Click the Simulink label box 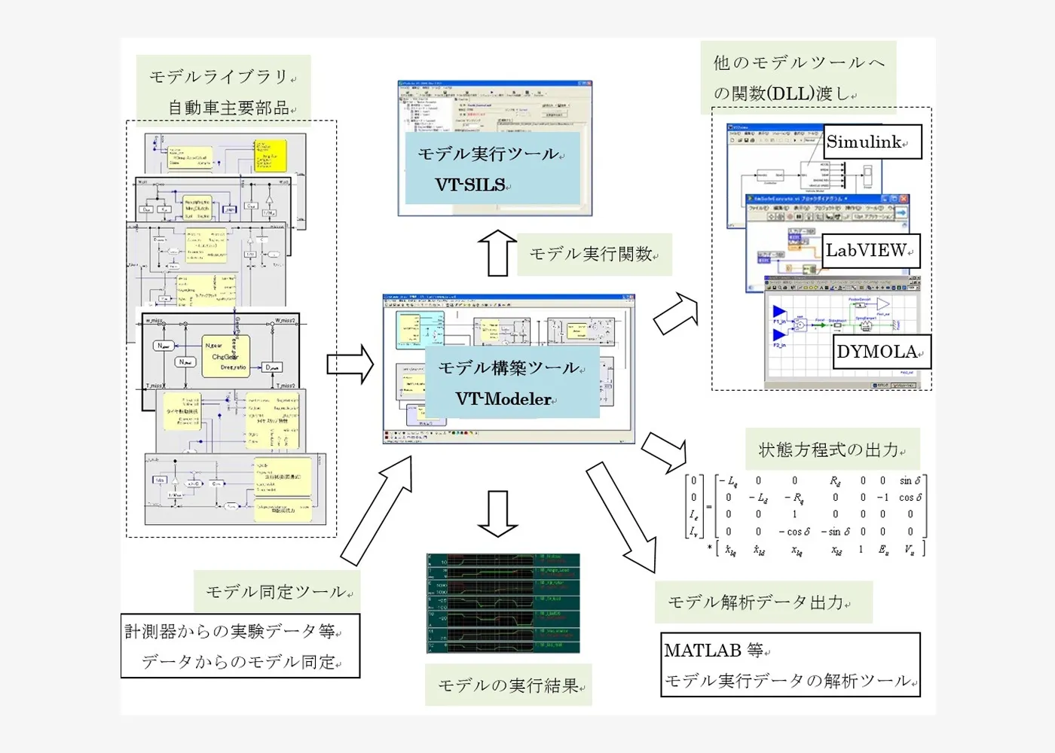[x=872, y=142]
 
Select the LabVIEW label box [x=870, y=251]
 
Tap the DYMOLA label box [x=881, y=352]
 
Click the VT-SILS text [x=471, y=184]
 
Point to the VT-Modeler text [x=503, y=399]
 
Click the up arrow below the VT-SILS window [x=497, y=253]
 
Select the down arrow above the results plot [x=497, y=514]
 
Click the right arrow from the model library [x=350, y=364]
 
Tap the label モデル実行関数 [x=592, y=255]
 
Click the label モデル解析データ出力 [x=757, y=602]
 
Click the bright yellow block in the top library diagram [x=271, y=155]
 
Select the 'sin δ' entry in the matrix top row [x=910, y=480]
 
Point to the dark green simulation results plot [x=503, y=603]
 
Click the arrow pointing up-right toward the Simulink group [x=676, y=314]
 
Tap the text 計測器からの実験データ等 [x=231, y=631]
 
